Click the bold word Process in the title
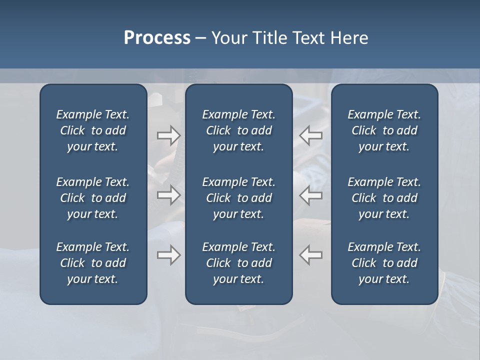[157, 38]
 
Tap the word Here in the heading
[349, 38]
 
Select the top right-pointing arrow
[169, 135]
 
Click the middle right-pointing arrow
[169, 195]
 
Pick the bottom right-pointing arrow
[169, 255]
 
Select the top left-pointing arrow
[311, 135]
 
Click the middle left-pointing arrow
[311, 195]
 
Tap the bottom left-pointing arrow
[311, 255]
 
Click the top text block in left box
[93, 130]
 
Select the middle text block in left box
[93, 198]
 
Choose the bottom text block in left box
[93, 263]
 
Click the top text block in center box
[239, 130]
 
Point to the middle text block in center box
[239, 198]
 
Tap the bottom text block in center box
[239, 263]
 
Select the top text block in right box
[384, 130]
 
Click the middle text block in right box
[384, 198]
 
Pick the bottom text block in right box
[384, 263]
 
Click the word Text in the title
[310, 38]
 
